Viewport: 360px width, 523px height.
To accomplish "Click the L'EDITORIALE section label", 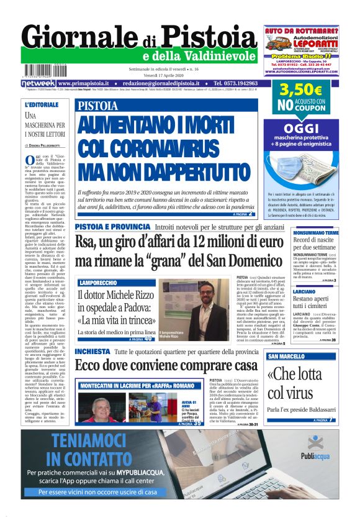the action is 42,104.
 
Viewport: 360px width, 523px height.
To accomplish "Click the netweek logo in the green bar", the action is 38,83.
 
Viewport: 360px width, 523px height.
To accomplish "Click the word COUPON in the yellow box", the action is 310,107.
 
